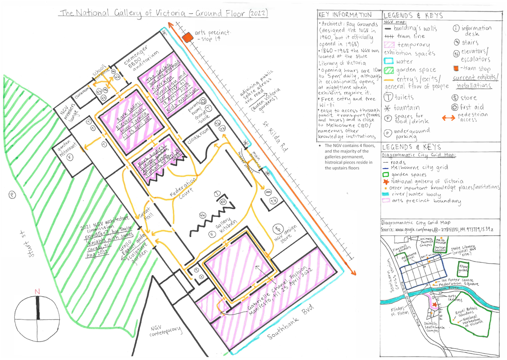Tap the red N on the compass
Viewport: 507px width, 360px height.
(37, 291)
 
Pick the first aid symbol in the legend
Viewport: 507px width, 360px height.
(456, 107)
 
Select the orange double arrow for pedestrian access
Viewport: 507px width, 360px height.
(451, 118)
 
